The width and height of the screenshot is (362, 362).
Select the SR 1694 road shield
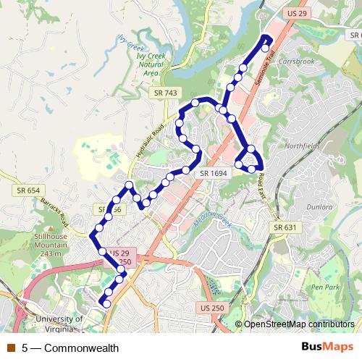click(214, 173)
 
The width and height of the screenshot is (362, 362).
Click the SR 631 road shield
click(285, 227)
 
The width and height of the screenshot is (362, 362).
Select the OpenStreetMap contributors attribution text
click(299, 324)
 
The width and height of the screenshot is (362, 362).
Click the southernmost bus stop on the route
click(106, 304)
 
